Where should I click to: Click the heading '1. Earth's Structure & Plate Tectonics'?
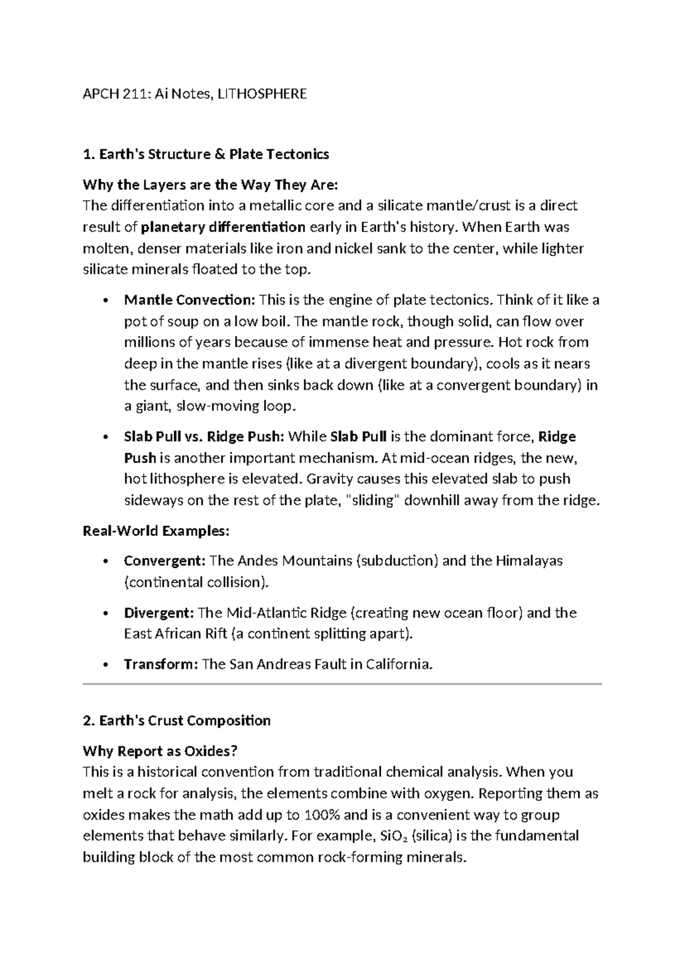pos(205,154)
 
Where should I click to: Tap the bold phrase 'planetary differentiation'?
pos(223,227)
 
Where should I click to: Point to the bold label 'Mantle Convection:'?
pos(191,300)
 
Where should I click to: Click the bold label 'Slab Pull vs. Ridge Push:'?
pos(204,437)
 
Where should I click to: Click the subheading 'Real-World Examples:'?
pos(156,531)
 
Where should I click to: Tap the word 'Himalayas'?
pos(529,560)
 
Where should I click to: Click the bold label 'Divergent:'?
pos(159,612)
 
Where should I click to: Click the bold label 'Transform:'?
pos(161,664)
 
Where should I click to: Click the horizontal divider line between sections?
pos(342,683)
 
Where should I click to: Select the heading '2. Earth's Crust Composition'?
pos(176,720)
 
